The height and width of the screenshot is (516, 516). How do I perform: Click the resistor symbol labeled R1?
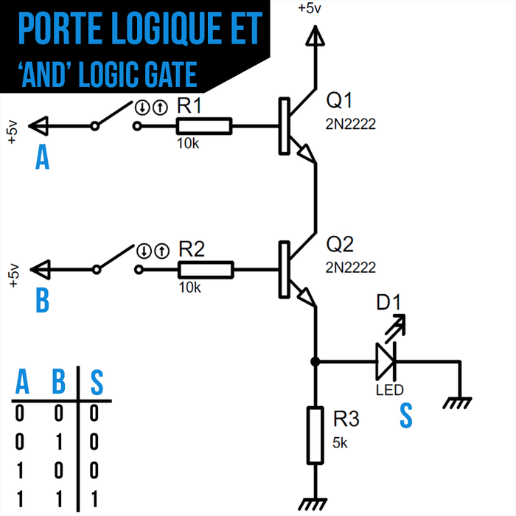[204, 127]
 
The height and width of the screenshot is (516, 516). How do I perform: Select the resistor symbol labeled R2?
[206, 270]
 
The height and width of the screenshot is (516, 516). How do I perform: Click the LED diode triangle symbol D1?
[386, 361]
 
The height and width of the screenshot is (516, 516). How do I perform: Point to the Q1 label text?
[340, 100]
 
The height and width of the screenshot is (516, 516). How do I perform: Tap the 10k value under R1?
[188, 144]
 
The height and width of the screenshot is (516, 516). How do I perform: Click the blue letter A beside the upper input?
[43, 158]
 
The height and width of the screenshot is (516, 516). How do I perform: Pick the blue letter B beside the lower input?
[43, 301]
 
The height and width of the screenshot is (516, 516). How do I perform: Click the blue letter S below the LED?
[405, 416]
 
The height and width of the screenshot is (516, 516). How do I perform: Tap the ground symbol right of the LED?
[460, 402]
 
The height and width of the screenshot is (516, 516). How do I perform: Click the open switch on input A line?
[116, 118]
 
